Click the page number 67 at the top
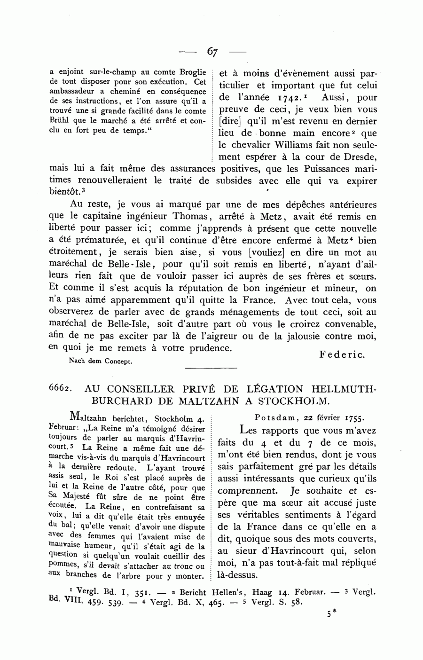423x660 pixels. (211, 52)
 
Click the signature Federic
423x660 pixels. (342, 354)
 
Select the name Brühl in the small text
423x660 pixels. (58, 120)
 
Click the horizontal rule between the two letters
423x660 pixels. (211, 368)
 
